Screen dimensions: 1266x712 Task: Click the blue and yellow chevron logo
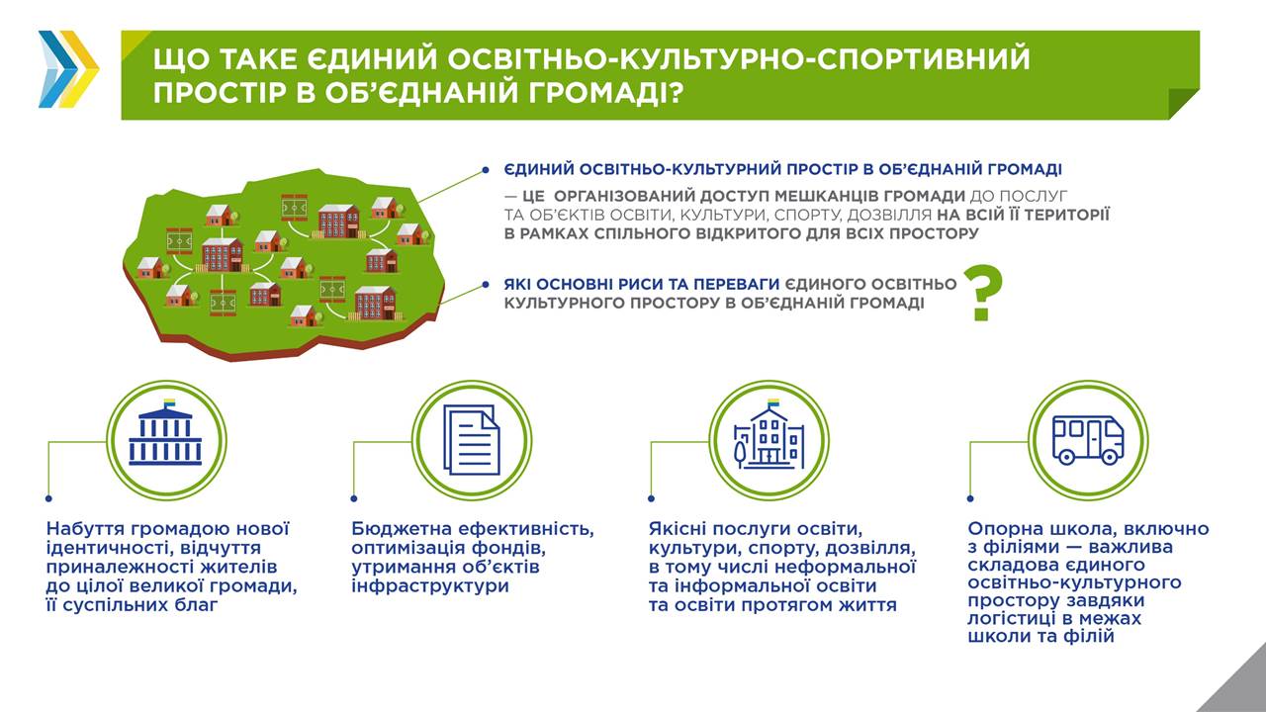[69, 69]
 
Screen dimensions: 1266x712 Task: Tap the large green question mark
[983, 294]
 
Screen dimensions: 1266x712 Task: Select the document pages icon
[472, 440]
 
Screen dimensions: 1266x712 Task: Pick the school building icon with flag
[769, 434]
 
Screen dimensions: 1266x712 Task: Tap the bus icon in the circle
[1088, 441]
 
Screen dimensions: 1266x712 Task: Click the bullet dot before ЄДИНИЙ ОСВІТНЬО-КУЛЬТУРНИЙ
[486, 169]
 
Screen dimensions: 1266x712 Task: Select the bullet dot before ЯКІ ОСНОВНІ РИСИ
[486, 285]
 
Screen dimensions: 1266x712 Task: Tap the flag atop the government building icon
[169, 402]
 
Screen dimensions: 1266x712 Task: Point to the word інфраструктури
[430, 586]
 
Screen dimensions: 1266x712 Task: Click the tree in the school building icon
[739, 453]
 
